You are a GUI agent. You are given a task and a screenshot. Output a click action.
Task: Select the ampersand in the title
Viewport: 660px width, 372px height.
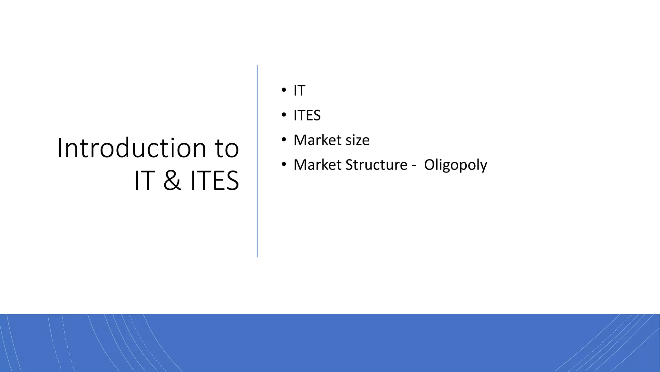172,181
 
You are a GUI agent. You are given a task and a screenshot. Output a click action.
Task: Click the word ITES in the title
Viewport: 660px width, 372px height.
215,181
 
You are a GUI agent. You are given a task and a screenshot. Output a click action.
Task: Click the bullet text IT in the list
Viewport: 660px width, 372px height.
299,91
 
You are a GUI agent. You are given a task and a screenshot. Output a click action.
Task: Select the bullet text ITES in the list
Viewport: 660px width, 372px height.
307,116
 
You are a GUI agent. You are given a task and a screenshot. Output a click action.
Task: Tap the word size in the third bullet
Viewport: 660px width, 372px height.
357,140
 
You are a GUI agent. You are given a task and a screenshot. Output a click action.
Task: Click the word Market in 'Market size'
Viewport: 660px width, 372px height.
317,140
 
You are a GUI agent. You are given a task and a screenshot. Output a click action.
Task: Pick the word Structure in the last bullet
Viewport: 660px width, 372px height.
376,165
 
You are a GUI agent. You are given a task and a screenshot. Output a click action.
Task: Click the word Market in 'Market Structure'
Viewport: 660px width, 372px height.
317,165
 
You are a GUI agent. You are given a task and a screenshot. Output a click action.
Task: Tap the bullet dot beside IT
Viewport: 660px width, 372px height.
284,90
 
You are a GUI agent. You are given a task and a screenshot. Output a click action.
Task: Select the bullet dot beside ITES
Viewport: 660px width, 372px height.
284,115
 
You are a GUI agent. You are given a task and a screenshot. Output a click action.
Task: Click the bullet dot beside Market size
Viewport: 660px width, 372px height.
284,139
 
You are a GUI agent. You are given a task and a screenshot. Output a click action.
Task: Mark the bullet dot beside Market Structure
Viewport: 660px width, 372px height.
284,164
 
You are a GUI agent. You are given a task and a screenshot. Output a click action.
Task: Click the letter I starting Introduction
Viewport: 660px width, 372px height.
59,148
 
